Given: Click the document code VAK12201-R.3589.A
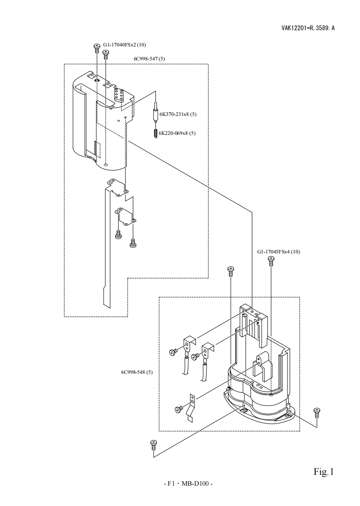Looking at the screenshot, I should [x=308, y=28].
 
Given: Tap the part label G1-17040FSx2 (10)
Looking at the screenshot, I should [x=124, y=45].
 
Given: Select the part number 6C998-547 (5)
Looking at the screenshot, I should [x=149, y=59].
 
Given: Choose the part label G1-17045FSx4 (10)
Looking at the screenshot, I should [x=278, y=252].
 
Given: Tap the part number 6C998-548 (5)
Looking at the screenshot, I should [x=137, y=372].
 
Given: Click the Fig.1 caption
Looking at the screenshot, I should [x=324, y=472].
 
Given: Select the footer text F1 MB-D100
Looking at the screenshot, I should [x=187, y=484].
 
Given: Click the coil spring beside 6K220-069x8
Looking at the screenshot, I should [x=155, y=133].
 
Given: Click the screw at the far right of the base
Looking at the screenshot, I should [x=317, y=411].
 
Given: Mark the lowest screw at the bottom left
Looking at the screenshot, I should [x=153, y=444].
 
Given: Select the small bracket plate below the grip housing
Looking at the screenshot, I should [x=126, y=215].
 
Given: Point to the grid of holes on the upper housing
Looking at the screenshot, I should [x=119, y=94].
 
